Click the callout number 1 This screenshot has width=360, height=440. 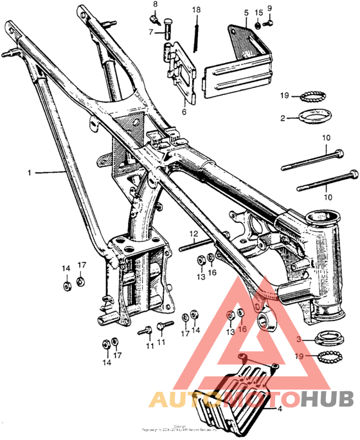pos(28,172)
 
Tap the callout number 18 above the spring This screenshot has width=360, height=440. pos(196,10)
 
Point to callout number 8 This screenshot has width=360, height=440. pos(154,4)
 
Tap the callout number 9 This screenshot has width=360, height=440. pos(270,8)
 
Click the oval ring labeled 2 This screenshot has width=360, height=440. pos(314,118)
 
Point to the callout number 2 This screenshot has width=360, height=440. pos(282,118)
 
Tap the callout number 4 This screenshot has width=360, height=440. pos(280,407)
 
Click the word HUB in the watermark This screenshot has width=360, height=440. pos(328,398)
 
